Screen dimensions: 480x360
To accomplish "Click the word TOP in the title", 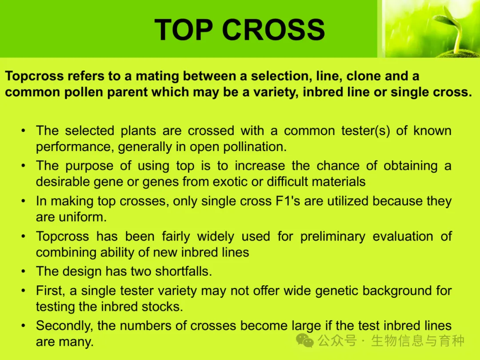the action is pyautogui.click(x=184, y=29).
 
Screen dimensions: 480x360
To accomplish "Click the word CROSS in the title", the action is pyautogui.click(x=273, y=29).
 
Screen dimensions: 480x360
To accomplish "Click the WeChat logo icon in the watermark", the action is pyautogui.click(x=304, y=340).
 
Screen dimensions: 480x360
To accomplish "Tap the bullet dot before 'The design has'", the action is pyautogui.click(x=23, y=272).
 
